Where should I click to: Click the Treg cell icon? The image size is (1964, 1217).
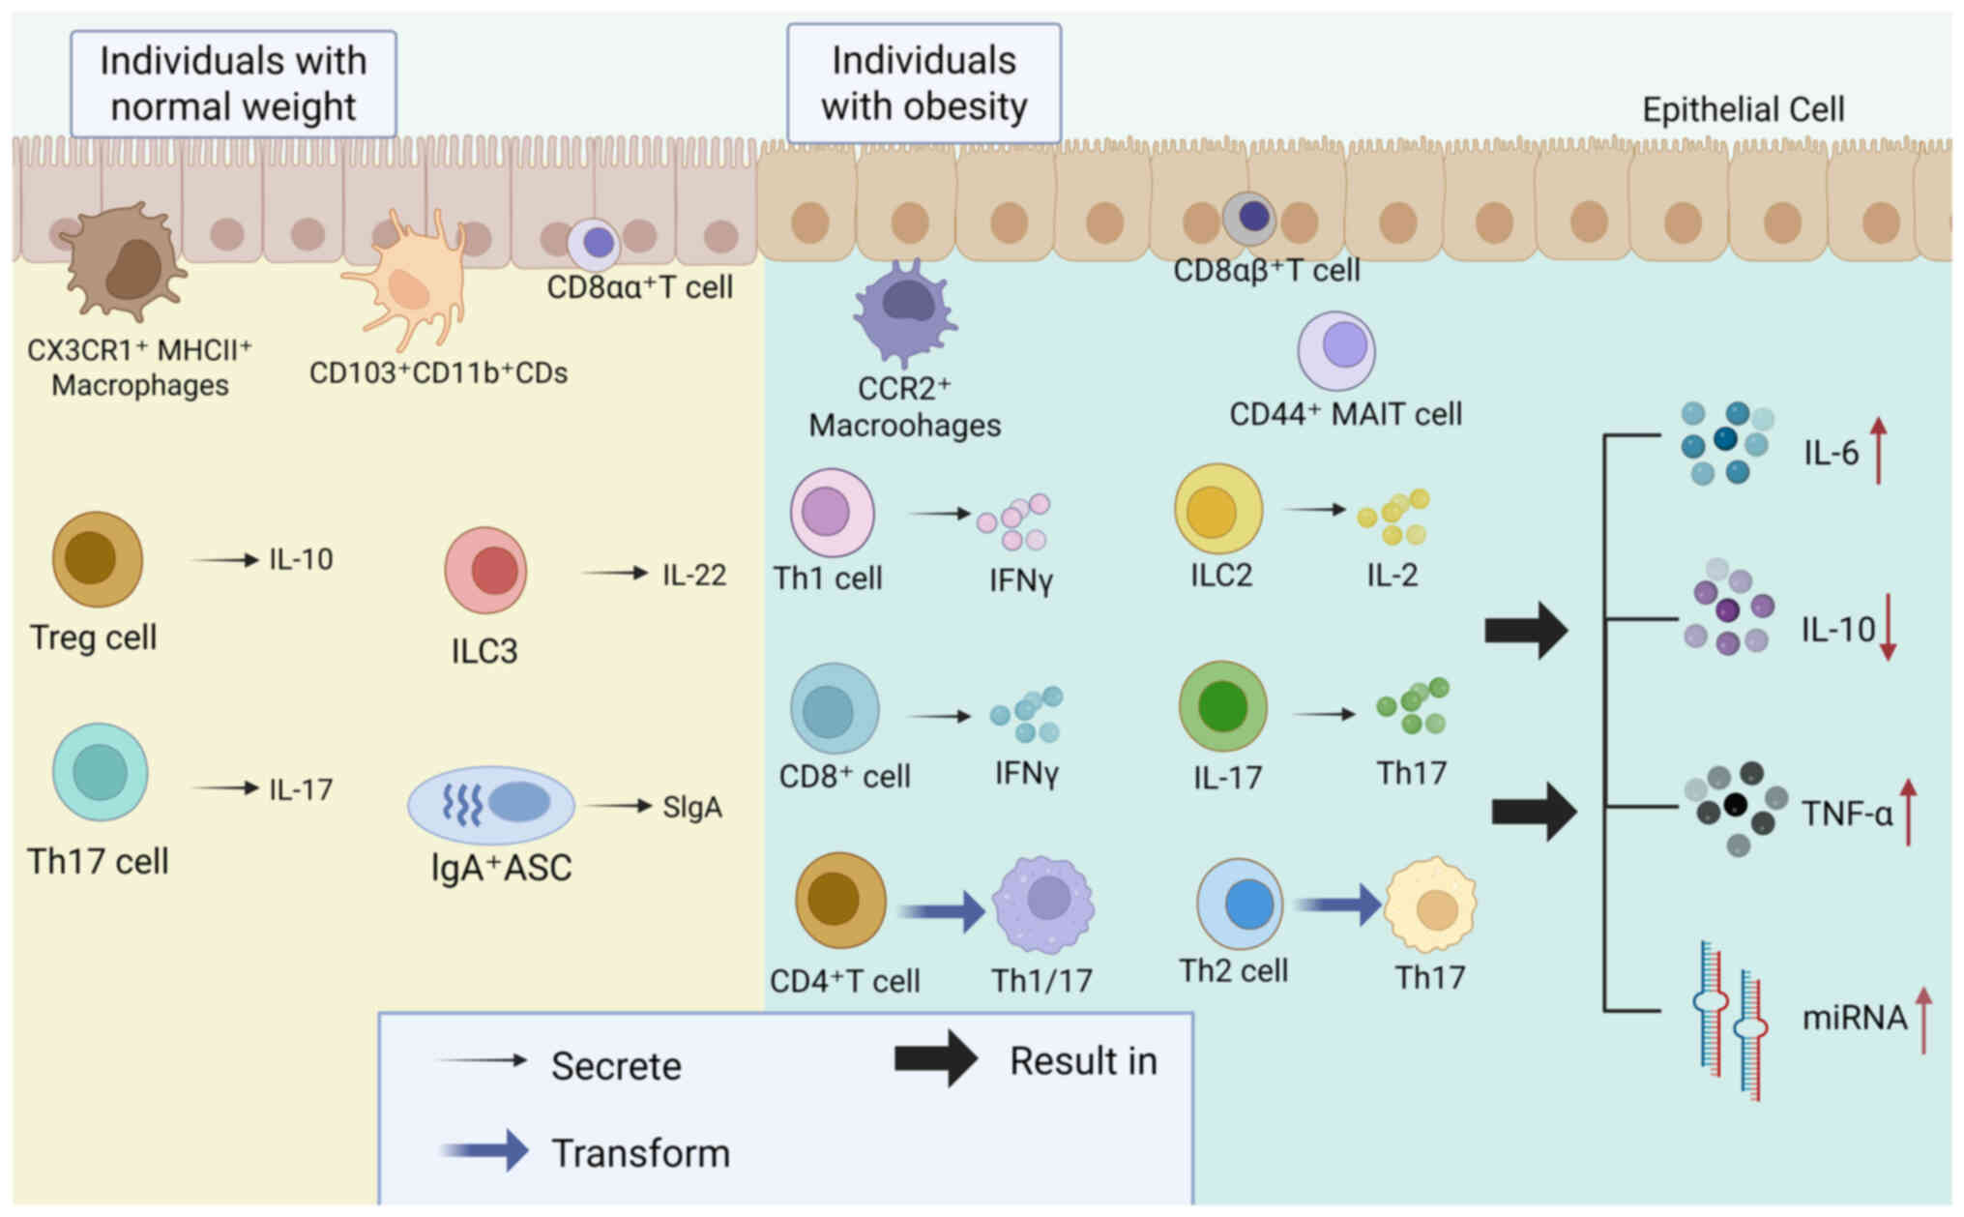tap(97, 559)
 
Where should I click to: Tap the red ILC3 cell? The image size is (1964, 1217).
tap(485, 570)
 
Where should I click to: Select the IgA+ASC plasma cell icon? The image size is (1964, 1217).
tap(491, 804)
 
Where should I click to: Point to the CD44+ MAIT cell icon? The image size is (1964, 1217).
tap(1335, 349)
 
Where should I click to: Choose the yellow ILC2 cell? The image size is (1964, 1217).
tap(1217, 509)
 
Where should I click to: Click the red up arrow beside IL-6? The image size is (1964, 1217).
tap(1878, 450)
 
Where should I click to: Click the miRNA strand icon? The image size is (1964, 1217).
tap(1731, 1021)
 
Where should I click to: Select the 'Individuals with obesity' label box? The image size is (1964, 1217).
tap(923, 83)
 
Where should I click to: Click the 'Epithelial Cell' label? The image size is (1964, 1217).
tap(1743, 109)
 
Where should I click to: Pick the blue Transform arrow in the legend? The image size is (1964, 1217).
tap(484, 1150)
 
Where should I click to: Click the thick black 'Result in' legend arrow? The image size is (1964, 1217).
tap(935, 1058)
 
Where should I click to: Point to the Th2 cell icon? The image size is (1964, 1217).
tap(1239, 905)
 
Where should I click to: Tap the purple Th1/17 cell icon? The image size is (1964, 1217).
tap(1043, 904)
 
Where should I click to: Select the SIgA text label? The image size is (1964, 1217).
tap(691, 807)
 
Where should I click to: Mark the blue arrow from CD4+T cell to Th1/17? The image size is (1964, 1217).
tap(940, 910)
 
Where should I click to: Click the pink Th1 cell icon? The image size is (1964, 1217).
tap(831, 513)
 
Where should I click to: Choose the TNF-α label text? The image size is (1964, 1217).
tap(1846, 814)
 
